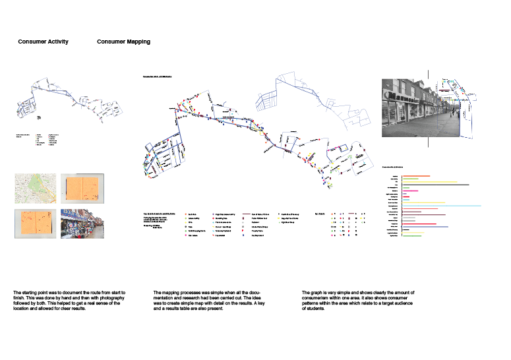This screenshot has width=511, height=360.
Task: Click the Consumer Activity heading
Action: [44, 42]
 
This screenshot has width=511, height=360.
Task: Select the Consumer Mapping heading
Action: [123, 42]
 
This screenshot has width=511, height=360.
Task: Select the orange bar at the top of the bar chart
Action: [417, 175]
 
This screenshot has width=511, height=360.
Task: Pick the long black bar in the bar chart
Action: [436, 185]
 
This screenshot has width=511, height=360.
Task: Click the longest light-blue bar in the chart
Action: [442, 206]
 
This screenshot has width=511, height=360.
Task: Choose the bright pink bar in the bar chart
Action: [410, 191]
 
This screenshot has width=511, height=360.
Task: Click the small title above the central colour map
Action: [158, 77]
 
